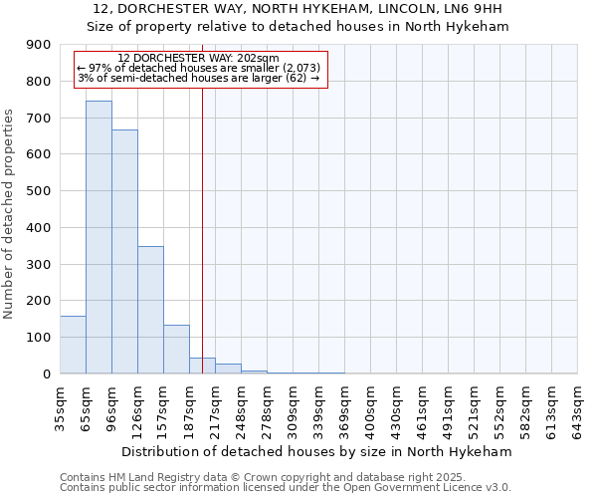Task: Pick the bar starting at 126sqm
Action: click(150, 310)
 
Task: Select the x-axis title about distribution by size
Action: click(318, 451)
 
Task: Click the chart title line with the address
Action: click(298, 10)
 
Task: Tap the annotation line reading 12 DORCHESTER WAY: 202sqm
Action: click(198, 59)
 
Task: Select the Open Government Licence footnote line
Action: click(286, 487)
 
